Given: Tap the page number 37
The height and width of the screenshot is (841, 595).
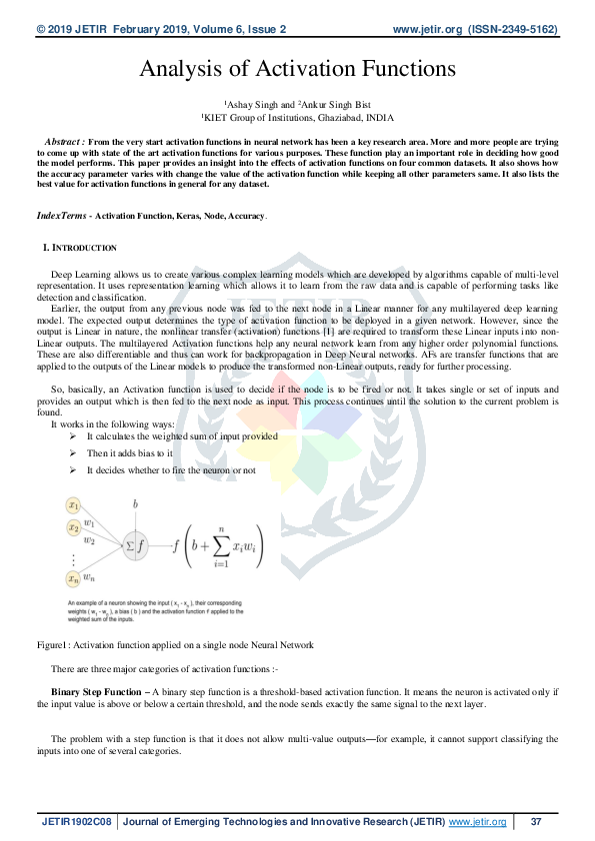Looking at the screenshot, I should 535,822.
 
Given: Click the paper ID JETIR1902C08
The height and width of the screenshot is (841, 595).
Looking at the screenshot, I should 77,822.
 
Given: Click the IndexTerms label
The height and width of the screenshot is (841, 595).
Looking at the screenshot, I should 62,215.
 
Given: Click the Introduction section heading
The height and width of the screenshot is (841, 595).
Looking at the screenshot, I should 83,247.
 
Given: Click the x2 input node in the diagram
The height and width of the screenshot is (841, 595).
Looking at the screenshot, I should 74,527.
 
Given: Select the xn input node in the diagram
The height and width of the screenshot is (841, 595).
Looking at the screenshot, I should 74,577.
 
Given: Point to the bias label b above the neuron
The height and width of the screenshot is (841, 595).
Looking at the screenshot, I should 135,504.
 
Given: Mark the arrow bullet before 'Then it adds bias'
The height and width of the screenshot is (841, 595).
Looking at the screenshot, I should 73,453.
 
